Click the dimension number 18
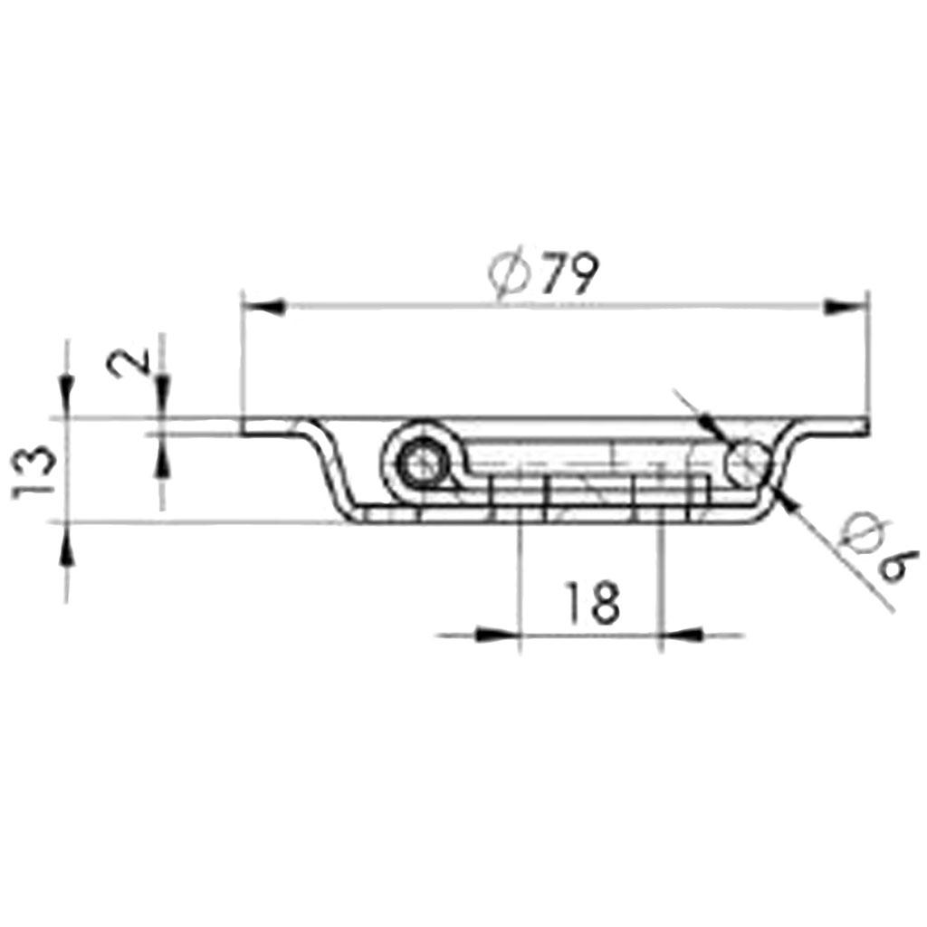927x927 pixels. (592, 603)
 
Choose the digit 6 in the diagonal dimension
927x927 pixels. (897, 566)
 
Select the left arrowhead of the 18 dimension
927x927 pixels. (498, 635)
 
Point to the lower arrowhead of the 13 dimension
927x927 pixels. (66, 543)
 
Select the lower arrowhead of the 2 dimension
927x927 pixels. (162, 457)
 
